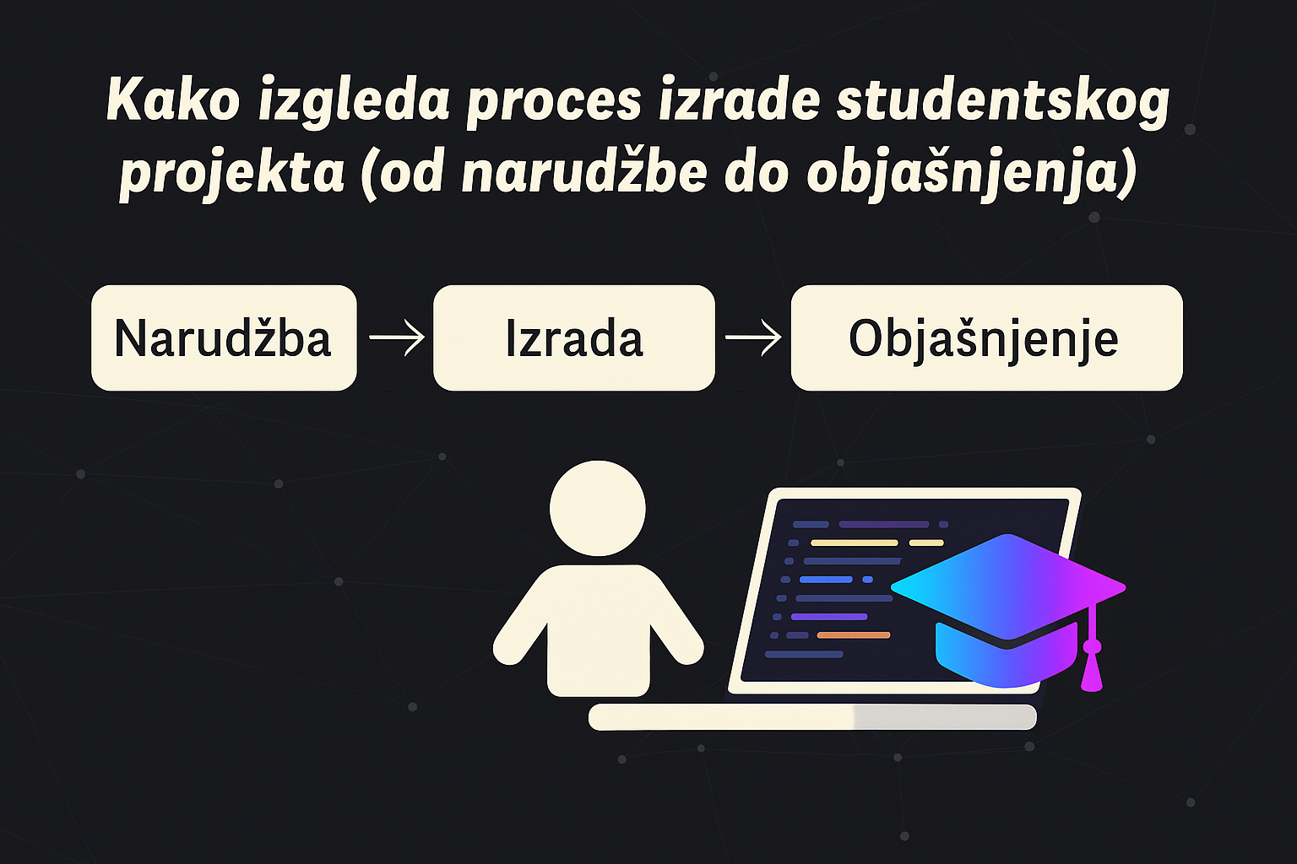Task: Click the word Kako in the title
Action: click(x=173, y=100)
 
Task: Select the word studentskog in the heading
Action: click(x=1003, y=103)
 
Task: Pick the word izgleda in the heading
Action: click(x=354, y=103)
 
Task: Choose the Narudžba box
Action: click(x=224, y=337)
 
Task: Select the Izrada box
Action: click(x=574, y=337)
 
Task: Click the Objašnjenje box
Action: click(x=986, y=337)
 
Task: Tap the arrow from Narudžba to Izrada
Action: click(x=396, y=337)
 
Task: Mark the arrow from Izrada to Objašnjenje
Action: click(x=752, y=337)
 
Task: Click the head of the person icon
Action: click(x=598, y=508)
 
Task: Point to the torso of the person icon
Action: click(x=598, y=631)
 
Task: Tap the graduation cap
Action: click(x=1008, y=611)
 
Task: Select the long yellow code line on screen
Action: click(x=854, y=543)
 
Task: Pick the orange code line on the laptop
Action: click(x=854, y=635)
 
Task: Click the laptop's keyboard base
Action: click(x=812, y=717)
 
